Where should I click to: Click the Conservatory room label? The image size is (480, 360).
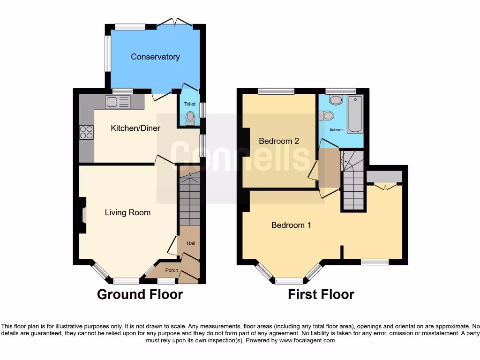pyautogui.click(x=155, y=57)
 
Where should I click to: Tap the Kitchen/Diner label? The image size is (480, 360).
pyautogui.click(x=135, y=128)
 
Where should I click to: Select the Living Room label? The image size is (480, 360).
pyautogui.click(x=127, y=212)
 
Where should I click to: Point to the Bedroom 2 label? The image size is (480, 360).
pyautogui.click(x=279, y=141)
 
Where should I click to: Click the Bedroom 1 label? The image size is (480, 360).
pyautogui.click(x=291, y=225)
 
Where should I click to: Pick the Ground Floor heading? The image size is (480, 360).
pyautogui.click(x=140, y=294)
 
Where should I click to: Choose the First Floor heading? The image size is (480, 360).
pyautogui.click(x=321, y=294)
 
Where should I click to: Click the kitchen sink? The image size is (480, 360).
pyautogui.click(x=118, y=102)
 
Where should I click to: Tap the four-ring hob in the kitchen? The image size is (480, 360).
pyautogui.click(x=86, y=132)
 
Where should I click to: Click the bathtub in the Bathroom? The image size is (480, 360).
pyautogui.click(x=355, y=114)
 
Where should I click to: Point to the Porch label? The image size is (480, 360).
pyautogui.click(x=172, y=270)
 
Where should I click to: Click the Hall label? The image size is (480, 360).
pyautogui.click(x=191, y=244)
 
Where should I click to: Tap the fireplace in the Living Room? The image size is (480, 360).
pyautogui.click(x=82, y=215)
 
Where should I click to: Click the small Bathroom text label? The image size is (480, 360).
pyautogui.click(x=337, y=130)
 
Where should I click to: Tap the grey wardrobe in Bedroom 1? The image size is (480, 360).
pyautogui.click(x=384, y=176)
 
